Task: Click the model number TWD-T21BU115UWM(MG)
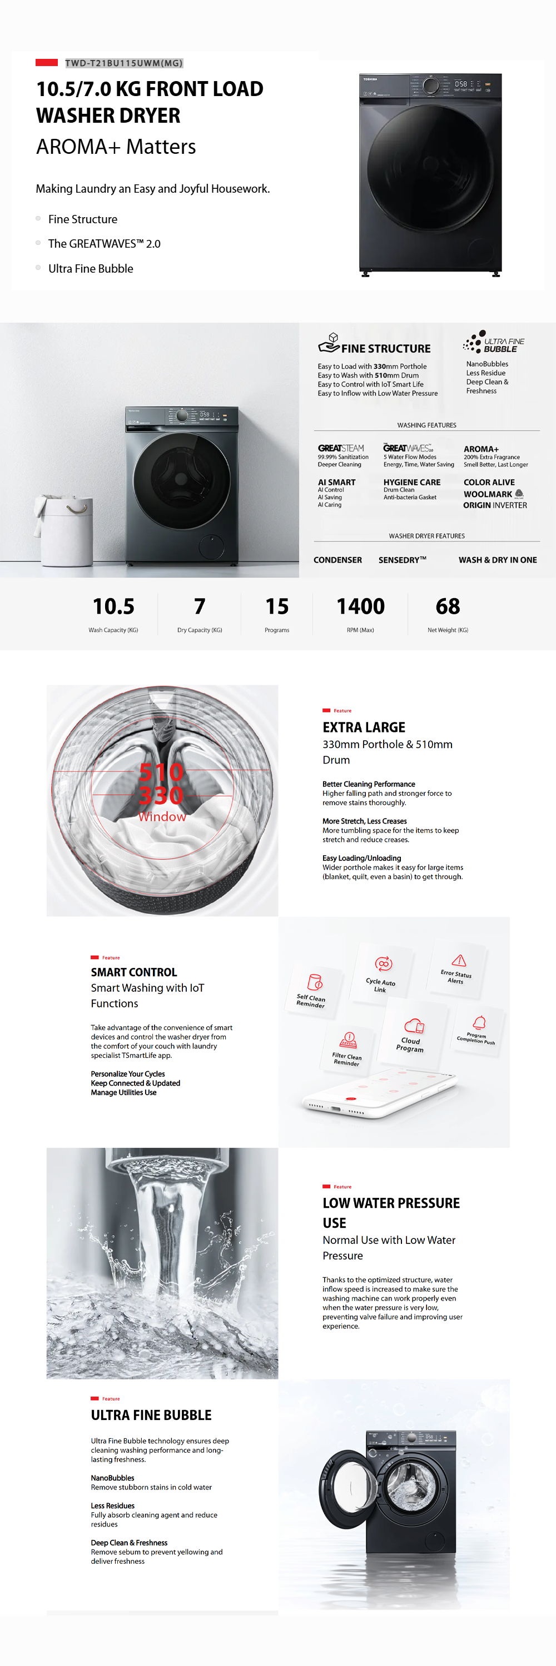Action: (123, 63)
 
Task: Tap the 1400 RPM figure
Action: (360, 606)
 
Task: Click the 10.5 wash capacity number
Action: (113, 606)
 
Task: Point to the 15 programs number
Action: (277, 606)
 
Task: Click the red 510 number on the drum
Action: (161, 771)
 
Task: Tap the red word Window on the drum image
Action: (162, 817)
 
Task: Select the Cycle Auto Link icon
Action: (383, 964)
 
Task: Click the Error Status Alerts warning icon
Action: (459, 960)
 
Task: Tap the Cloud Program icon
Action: (414, 1026)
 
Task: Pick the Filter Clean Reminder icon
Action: (348, 1040)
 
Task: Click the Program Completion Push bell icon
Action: (479, 1022)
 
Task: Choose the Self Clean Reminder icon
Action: (315, 982)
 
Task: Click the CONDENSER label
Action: (337, 560)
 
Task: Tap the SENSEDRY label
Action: (402, 560)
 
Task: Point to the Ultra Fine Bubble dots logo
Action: (474, 341)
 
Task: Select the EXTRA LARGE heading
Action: (364, 727)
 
